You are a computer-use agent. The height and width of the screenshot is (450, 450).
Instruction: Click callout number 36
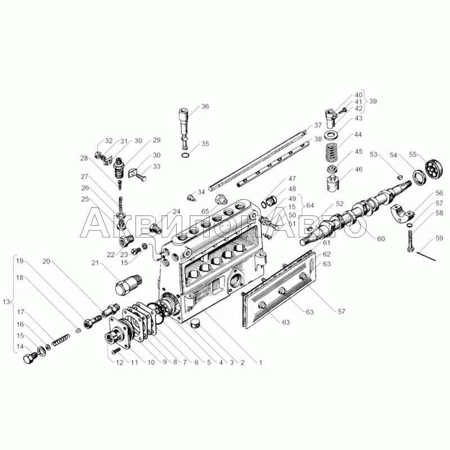pos(205,106)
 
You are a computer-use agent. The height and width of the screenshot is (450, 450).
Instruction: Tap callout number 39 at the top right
pos(373,101)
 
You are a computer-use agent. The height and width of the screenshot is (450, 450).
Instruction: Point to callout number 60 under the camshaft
pos(381,238)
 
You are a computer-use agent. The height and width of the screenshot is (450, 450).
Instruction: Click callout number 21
pos(96,263)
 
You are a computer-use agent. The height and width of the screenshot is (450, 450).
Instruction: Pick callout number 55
pos(412,154)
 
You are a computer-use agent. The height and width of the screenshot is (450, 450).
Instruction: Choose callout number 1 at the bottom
pos(260,363)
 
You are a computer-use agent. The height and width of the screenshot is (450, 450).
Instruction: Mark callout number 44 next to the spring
pos(358,134)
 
